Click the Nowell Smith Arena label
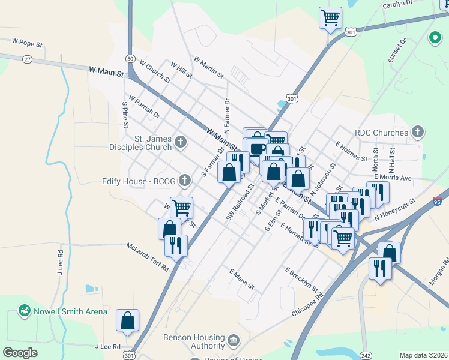tap(70, 311)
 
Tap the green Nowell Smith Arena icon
tap(25, 311)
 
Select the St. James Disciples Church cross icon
tap(181, 142)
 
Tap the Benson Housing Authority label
tap(193, 341)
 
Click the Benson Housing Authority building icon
tap(233, 341)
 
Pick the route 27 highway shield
tap(28, 59)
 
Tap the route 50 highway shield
tap(130, 58)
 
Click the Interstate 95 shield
tap(438, 203)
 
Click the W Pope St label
tap(28, 43)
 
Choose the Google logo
tap(20, 353)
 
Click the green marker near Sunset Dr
tap(435, 39)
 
